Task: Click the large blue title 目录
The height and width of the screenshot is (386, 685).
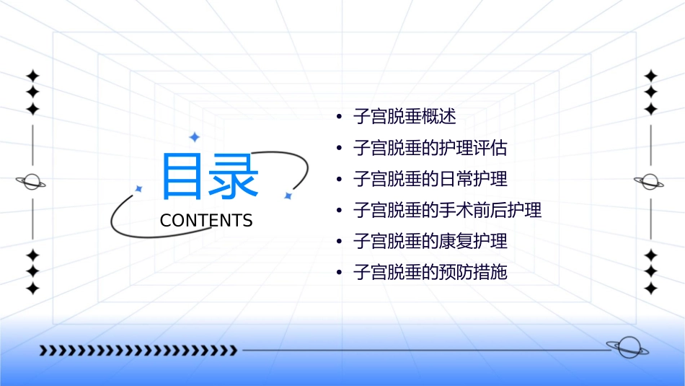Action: [210, 177]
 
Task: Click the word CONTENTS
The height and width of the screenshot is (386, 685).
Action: [206, 221]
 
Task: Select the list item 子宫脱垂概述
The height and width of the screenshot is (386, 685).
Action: [405, 116]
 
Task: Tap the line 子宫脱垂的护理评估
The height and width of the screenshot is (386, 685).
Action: [430, 148]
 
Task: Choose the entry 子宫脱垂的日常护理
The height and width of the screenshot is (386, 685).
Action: [430, 179]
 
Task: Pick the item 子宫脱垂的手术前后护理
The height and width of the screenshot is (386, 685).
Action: [447, 210]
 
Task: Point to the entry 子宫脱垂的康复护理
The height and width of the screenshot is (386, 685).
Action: [430, 241]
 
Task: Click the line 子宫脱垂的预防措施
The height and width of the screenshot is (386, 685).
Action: [430, 272]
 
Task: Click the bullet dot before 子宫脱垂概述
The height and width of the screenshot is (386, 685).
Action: [339, 117]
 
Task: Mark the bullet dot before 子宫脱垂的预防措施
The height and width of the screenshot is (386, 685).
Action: [339, 273]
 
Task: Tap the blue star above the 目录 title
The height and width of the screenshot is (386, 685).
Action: [193, 136]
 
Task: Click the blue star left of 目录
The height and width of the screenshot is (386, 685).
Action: [138, 188]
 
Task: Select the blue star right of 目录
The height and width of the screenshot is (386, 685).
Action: [288, 196]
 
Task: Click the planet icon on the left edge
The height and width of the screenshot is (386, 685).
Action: [32, 182]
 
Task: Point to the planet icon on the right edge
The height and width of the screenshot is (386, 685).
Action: [650, 182]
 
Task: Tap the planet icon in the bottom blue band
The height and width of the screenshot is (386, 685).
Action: [627, 348]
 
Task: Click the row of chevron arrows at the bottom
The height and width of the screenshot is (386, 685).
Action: [138, 351]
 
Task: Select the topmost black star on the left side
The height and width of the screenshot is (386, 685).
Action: [32, 75]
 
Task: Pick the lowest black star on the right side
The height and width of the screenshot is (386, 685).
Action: [650, 288]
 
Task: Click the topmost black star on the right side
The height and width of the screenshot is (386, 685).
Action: [650, 75]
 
